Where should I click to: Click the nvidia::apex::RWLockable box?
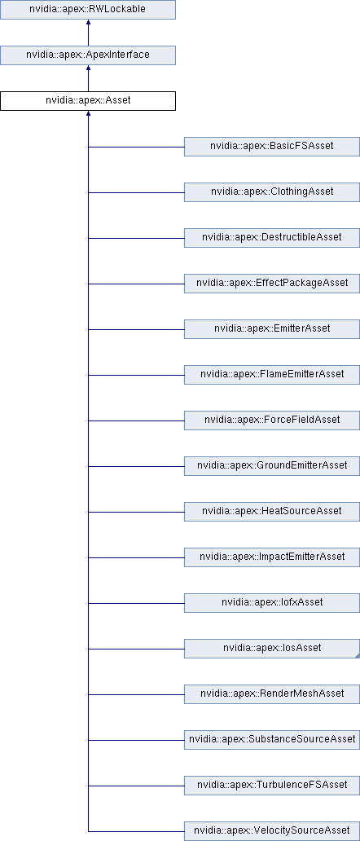click(x=88, y=10)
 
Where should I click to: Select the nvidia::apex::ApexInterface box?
click(x=88, y=55)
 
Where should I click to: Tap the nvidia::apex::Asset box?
click(x=88, y=101)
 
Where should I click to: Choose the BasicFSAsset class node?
click(x=272, y=147)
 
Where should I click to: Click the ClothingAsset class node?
click(x=272, y=192)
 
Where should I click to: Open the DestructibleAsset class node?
click(x=272, y=238)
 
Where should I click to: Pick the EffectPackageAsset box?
click(x=272, y=284)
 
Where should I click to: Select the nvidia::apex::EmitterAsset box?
click(x=272, y=329)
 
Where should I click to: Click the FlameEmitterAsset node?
click(x=272, y=375)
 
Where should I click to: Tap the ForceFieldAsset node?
click(x=272, y=420)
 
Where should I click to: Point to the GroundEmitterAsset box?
click(x=272, y=466)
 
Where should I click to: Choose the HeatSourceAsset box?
click(x=272, y=512)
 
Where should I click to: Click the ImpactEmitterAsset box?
click(x=272, y=557)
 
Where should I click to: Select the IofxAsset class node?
click(x=272, y=603)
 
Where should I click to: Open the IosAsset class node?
click(x=272, y=649)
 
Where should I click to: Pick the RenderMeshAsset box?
click(x=272, y=694)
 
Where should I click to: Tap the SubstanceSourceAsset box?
click(x=272, y=740)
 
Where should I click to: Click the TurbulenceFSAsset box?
click(x=272, y=786)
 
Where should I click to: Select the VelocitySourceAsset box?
click(x=272, y=831)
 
